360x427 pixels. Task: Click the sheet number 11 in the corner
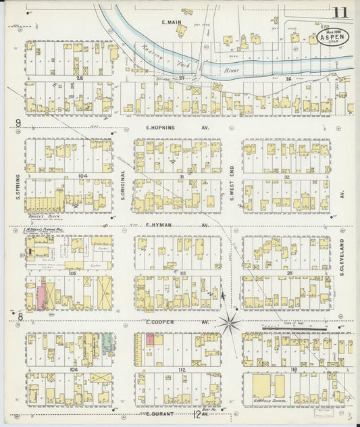pos(340,11)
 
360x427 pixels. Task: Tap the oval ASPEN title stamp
pos(334,39)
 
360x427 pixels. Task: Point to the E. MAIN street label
pos(172,23)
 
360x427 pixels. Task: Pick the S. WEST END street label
pos(231,184)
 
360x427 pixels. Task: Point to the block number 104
pos(83,175)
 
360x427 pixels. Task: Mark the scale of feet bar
pos(290,329)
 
